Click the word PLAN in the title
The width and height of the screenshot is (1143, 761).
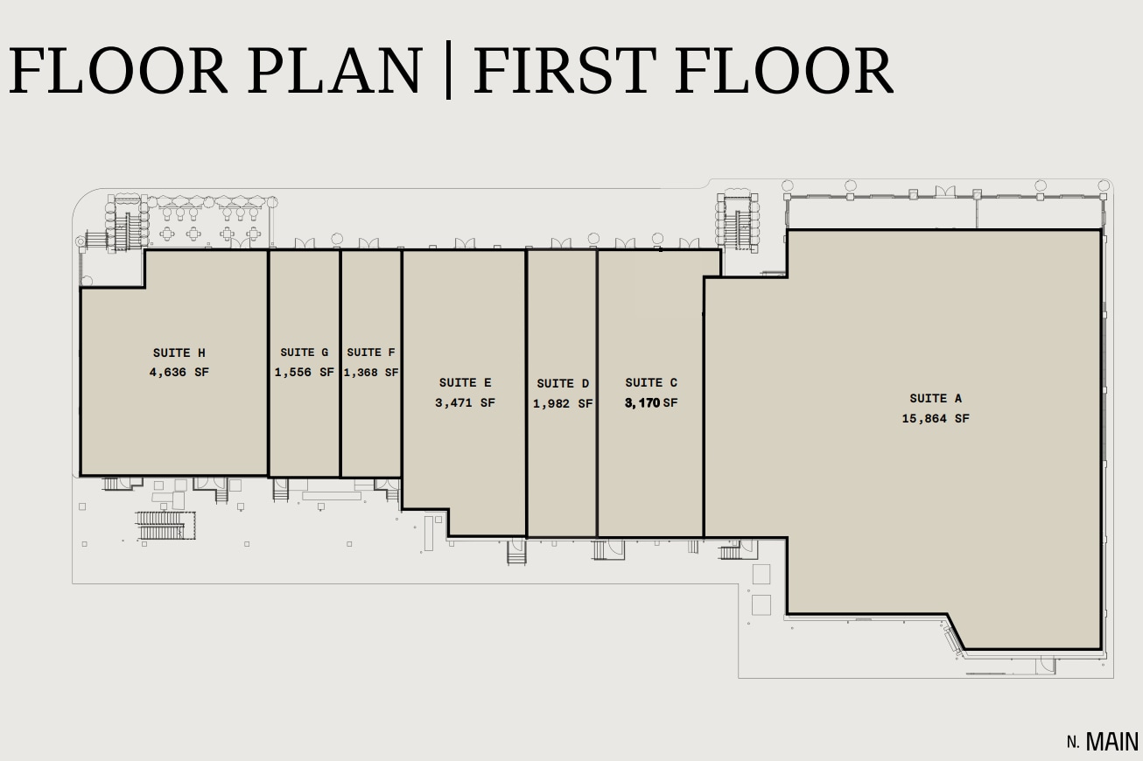(334, 71)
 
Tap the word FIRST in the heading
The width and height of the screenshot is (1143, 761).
(564, 71)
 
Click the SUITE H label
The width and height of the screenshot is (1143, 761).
(179, 353)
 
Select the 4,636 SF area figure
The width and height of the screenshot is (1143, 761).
(179, 372)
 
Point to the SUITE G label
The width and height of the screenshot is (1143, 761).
(305, 353)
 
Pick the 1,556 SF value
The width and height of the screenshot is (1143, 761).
(305, 372)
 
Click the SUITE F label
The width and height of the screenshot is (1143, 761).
(371, 353)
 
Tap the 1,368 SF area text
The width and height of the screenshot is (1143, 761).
(371, 372)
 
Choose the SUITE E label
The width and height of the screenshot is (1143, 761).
(465, 382)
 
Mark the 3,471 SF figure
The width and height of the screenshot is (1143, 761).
(465, 403)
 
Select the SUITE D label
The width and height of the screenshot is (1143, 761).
(563, 383)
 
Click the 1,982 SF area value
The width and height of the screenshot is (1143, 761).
(563, 404)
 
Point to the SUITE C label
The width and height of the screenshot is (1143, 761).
(651, 382)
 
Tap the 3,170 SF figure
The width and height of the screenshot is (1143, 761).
(651, 403)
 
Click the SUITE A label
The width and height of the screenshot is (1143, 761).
(936, 399)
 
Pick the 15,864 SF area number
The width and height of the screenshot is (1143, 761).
(936, 418)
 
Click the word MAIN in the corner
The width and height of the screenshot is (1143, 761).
(1112, 743)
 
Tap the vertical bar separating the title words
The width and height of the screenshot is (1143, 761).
(448, 71)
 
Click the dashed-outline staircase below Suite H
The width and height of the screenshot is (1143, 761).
(165, 525)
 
